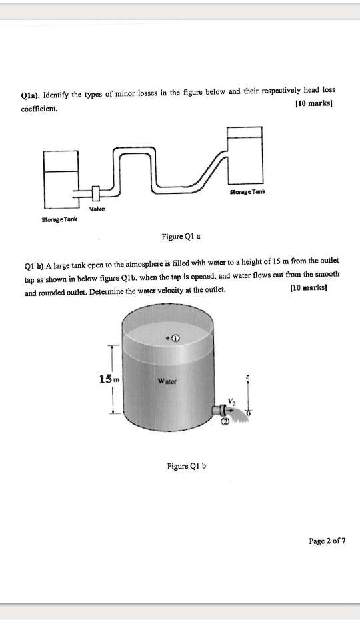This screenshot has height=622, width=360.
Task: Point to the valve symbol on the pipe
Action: coord(95,193)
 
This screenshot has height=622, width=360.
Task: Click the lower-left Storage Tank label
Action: coord(59,219)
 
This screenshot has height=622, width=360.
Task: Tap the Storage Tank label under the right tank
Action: coord(247,191)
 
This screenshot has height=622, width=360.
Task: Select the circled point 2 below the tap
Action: coord(225,422)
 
